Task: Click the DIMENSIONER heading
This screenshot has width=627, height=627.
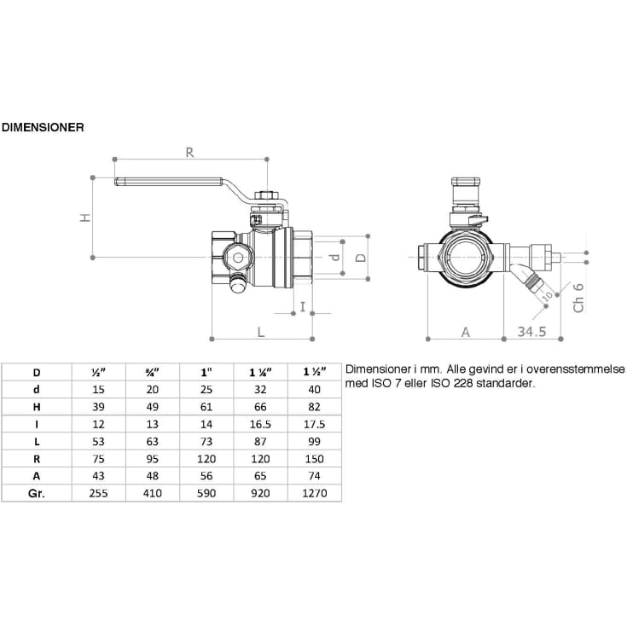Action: click(x=43, y=126)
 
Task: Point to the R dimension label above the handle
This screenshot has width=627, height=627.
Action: click(x=189, y=153)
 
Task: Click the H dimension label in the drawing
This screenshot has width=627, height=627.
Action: click(x=84, y=217)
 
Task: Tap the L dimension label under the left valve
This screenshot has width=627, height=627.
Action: click(x=260, y=330)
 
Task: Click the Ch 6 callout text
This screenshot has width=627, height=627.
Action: click(x=578, y=298)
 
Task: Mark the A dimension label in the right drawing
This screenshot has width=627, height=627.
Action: click(x=466, y=331)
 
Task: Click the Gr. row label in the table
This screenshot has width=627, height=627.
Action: click(x=37, y=493)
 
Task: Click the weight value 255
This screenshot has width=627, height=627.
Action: click(x=97, y=493)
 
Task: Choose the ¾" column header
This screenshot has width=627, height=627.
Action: click(x=150, y=372)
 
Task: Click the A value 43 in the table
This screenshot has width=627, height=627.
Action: click(x=97, y=476)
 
